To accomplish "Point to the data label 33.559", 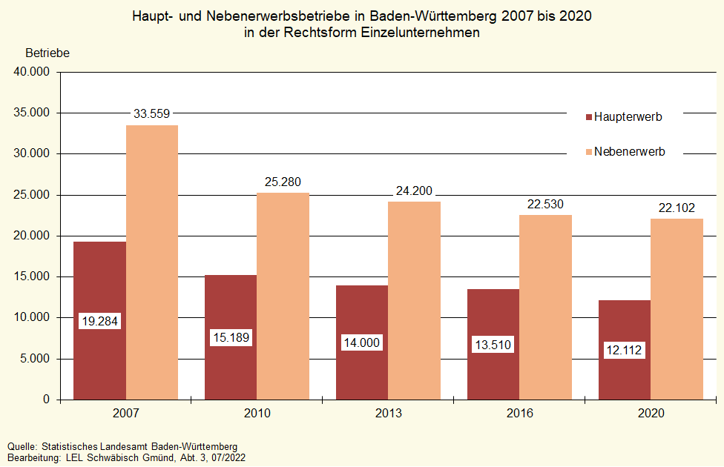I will [x=152, y=113].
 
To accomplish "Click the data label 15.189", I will [x=231, y=338].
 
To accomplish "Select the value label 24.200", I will [x=414, y=190].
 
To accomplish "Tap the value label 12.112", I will [x=625, y=350].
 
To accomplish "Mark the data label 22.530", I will [x=545, y=204].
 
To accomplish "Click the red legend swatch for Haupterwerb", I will [x=589, y=117].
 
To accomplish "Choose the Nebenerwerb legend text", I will [x=630, y=152].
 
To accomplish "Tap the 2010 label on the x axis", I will [x=257, y=413].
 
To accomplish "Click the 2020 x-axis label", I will [x=651, y=413].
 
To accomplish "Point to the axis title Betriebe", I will [x=47, y=53].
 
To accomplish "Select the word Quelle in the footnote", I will [x=22, y=447].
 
